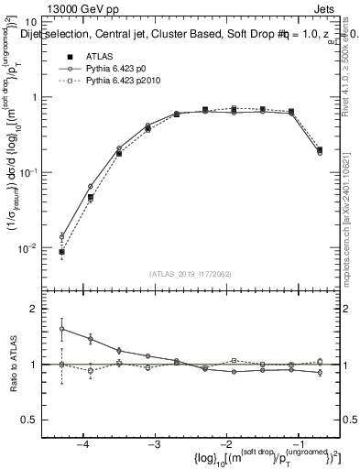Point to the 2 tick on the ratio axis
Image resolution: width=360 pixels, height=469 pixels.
point(42,310)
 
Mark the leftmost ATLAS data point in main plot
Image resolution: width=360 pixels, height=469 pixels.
point(61,251)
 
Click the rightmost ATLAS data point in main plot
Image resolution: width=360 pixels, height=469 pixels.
point(319,149)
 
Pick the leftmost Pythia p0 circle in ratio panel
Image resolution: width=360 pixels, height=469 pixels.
point(61,329)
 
